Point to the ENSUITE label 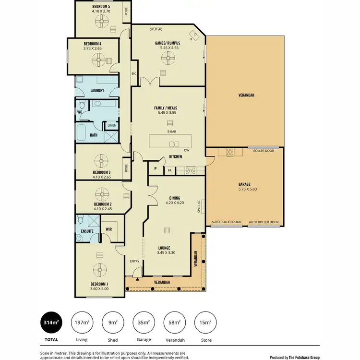tap(87, 231)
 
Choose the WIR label tap(109, 229)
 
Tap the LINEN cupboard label tap(112, 126)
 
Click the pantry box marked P tap(156, 169)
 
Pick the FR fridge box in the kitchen tap(169, 170)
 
